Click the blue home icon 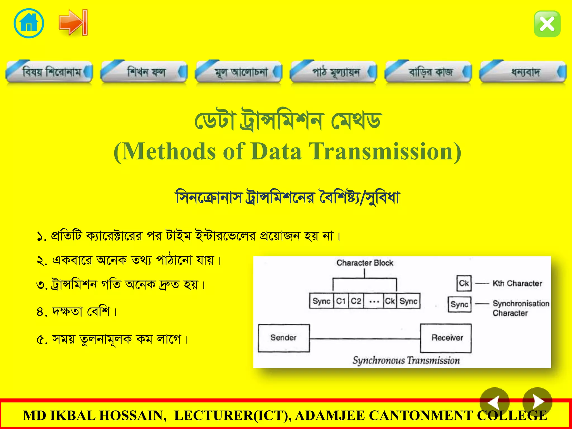[29, 23]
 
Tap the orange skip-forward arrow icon [73, 22]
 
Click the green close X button [547, 24]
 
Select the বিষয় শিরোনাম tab [49, 72]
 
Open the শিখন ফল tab [144, 72]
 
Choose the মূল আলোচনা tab [239, 72]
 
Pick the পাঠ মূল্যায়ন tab [334, 72]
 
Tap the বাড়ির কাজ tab [428, 72]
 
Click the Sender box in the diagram [283, 338]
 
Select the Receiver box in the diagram [446, 338]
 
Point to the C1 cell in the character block [341, 301]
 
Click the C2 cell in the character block [356, 301]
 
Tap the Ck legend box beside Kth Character [464, 283]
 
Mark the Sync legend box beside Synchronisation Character [459, 304]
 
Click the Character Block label [365, 263]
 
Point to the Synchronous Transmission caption [406, 360]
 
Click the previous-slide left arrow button [494, 402]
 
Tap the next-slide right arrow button [537, 402]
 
